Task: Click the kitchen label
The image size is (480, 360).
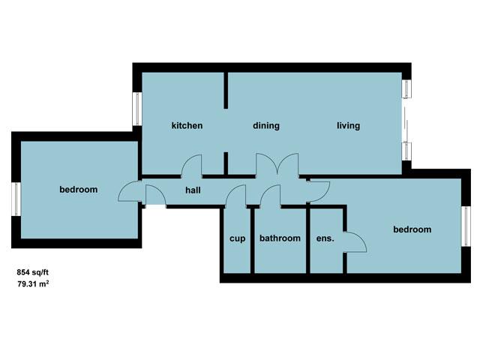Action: pyautogui.click(x=187, y=125)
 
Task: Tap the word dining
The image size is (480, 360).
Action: pyautogui.click(x=266, y=126)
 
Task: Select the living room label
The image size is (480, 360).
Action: pyautogui.click(x=348, y=126)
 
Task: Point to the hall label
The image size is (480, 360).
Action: pyautogui.click(x=193, y=190)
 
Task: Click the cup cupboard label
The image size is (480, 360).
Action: pyautogui.click(x=237, y=238)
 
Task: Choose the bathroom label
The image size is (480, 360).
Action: pyautogui.click(x=280, y=238)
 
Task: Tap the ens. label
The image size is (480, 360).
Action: pyautogui.click(x=325, y=238)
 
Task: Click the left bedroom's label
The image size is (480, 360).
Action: pyautogui.click(x=78, y=190)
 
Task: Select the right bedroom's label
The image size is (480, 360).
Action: pyautogui.click(x=412, y=229)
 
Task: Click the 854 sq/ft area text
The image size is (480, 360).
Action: pyautogui.click(x=32, y=272)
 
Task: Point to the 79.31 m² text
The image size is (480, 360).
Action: pyautogui.click(x=33, y=283)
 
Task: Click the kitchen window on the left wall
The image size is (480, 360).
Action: pyautogui.click(x=136, y=109)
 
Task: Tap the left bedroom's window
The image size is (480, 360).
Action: pyautogui.click(x=16, y=199)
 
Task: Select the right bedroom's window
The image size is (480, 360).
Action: pyautogui.click(x=466, y=226)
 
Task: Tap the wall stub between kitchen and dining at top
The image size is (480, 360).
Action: pyautogui.click(x=226, y=90)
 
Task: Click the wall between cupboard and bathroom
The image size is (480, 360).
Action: pyautogui.click(x=253, y=241)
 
